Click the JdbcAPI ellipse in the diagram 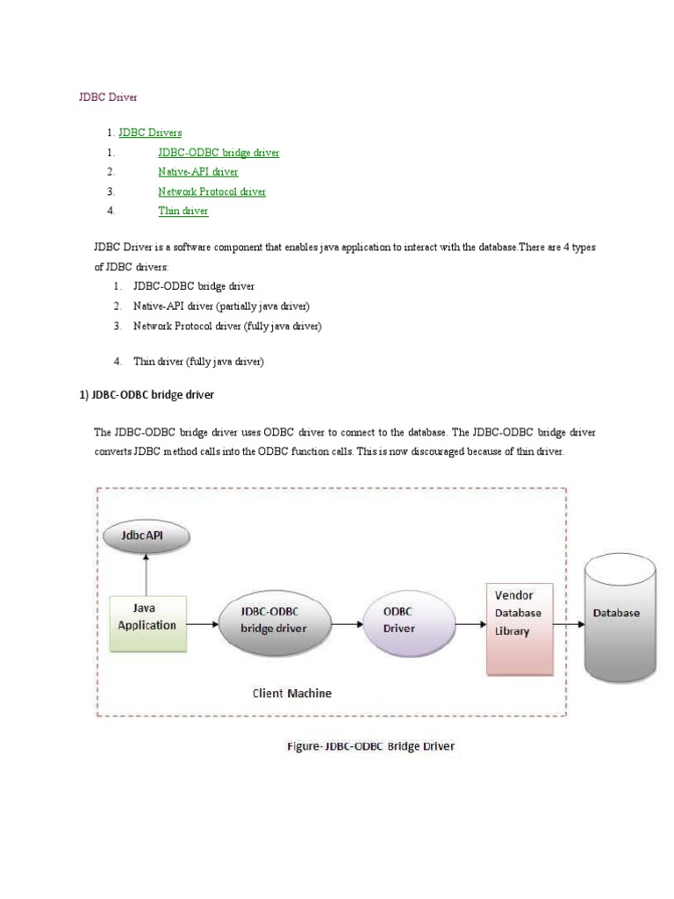coord(147,534)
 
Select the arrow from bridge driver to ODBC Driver coord(346,624)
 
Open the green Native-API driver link coord(197,172)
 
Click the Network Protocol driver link coord(212,191)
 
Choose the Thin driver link coord(183,211)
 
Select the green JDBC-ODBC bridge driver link coord(219,153)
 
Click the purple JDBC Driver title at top coord(108,97)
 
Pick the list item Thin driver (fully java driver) coord(198,361)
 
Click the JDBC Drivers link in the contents coord(150,133)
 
